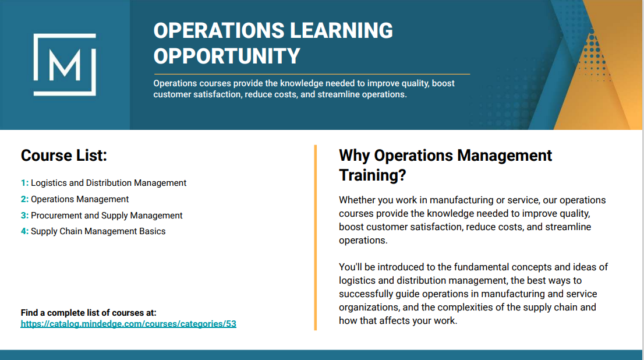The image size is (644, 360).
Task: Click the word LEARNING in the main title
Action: (x=341, y=30)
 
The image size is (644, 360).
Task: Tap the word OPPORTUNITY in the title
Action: (x=227, y=56)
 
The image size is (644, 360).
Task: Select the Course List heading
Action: (x=63, y=156)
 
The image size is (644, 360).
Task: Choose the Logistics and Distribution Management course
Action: (x=108, y=183)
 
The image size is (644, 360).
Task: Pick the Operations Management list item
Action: (x=80, y=199)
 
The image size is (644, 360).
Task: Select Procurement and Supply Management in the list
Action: (x=107, y=216)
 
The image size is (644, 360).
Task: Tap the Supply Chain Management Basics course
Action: (x=98, y=231)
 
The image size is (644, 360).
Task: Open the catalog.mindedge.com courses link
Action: (x=129, y=324)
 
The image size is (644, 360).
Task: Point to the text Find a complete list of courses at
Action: (x=89, y=313)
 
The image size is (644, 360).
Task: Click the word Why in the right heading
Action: (x=355, y=156)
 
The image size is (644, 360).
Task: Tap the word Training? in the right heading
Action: (x=373, y=175)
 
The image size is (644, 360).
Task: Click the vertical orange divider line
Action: (x=316, y=238)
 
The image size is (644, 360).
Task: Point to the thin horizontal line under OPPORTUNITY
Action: (x=312, y=75)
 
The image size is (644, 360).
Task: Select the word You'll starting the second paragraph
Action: (x=351, y=267)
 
